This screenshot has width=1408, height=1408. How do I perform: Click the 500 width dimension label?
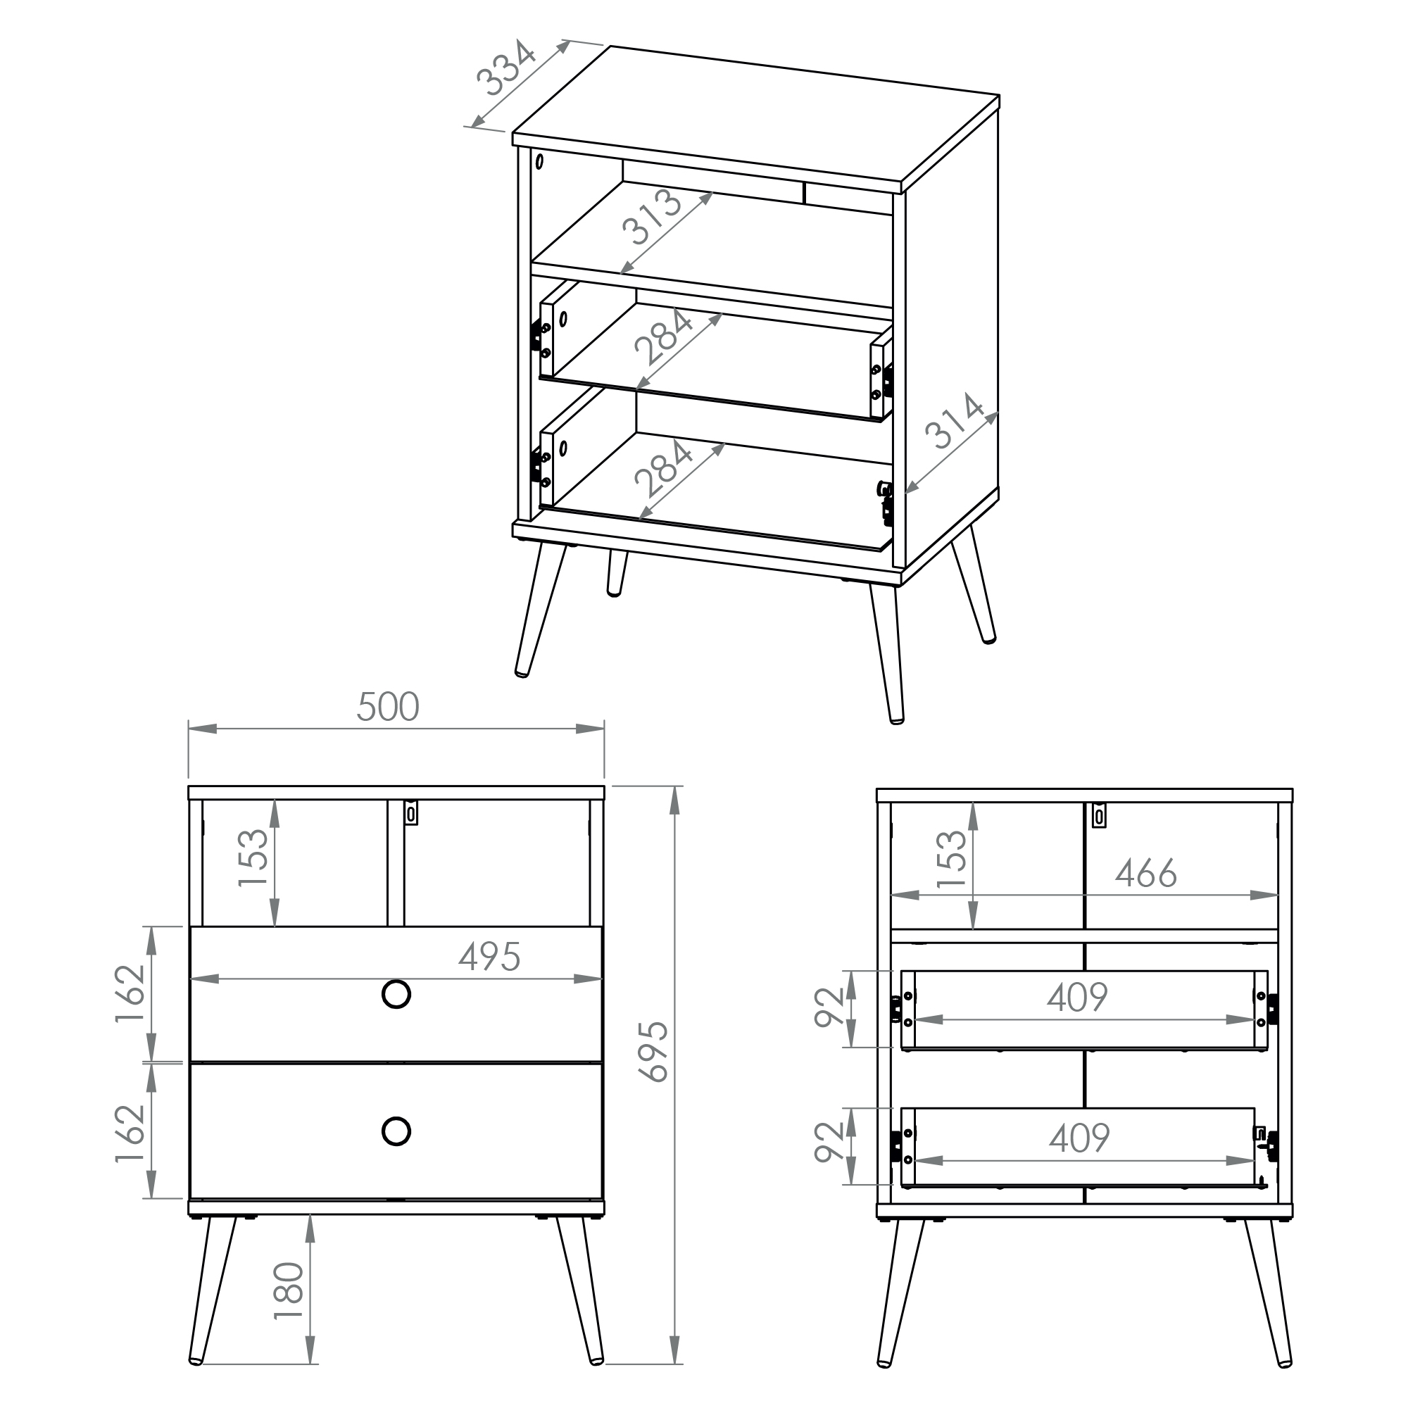point(388,707)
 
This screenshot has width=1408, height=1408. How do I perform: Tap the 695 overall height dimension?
point(653,1052)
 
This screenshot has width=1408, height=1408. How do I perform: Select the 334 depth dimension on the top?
point(506,68)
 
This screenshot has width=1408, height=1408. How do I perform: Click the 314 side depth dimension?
point(955,420)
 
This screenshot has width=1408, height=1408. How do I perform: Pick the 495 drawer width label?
point(490,957)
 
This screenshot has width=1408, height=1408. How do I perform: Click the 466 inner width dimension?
point(1145,873)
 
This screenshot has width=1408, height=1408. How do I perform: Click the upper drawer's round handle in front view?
point(396,994)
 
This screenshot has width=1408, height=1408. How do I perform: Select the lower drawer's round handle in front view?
point(396,1131)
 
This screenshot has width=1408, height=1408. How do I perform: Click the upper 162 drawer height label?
point(131,994)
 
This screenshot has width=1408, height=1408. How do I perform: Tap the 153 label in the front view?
point(253,857)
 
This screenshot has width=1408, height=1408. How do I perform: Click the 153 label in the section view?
point(951,859)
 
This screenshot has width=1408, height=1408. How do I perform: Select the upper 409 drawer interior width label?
point(1078,997)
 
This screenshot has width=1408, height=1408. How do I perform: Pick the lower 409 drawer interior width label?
point(1079,1138)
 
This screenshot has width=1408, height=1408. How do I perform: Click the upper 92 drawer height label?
point(829,1008)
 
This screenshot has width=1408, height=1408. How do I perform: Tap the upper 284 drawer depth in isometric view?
point(663,337)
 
